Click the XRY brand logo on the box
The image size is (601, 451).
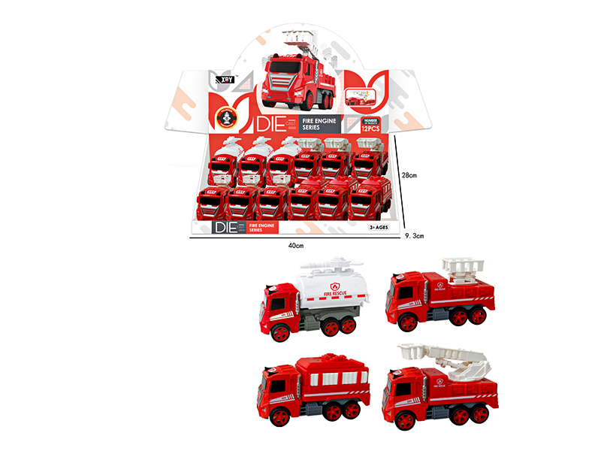225,77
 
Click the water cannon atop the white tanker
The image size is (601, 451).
331,265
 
